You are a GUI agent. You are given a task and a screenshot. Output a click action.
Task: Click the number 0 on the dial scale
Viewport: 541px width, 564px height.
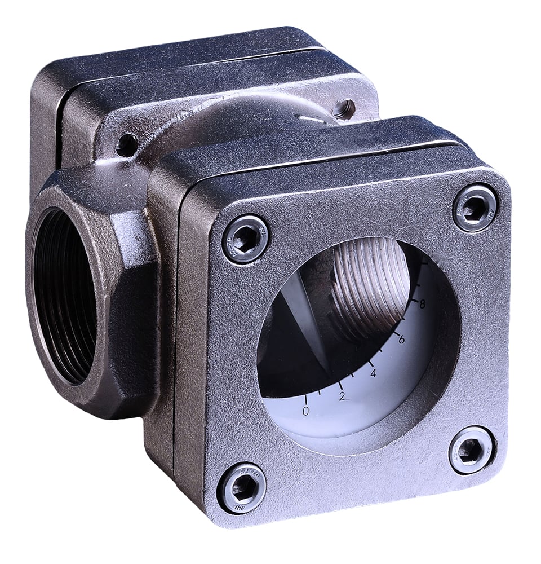[306, 411]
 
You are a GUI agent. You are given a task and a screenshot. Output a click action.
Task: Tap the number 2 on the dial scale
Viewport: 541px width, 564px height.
[342, 396]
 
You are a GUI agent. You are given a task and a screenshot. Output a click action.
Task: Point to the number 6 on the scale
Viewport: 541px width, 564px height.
[401, 340]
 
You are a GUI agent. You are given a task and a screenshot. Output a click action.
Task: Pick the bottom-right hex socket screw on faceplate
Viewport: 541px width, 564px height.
[472, 450]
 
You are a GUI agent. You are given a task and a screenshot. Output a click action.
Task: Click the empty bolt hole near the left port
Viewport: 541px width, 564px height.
[126, 145]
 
